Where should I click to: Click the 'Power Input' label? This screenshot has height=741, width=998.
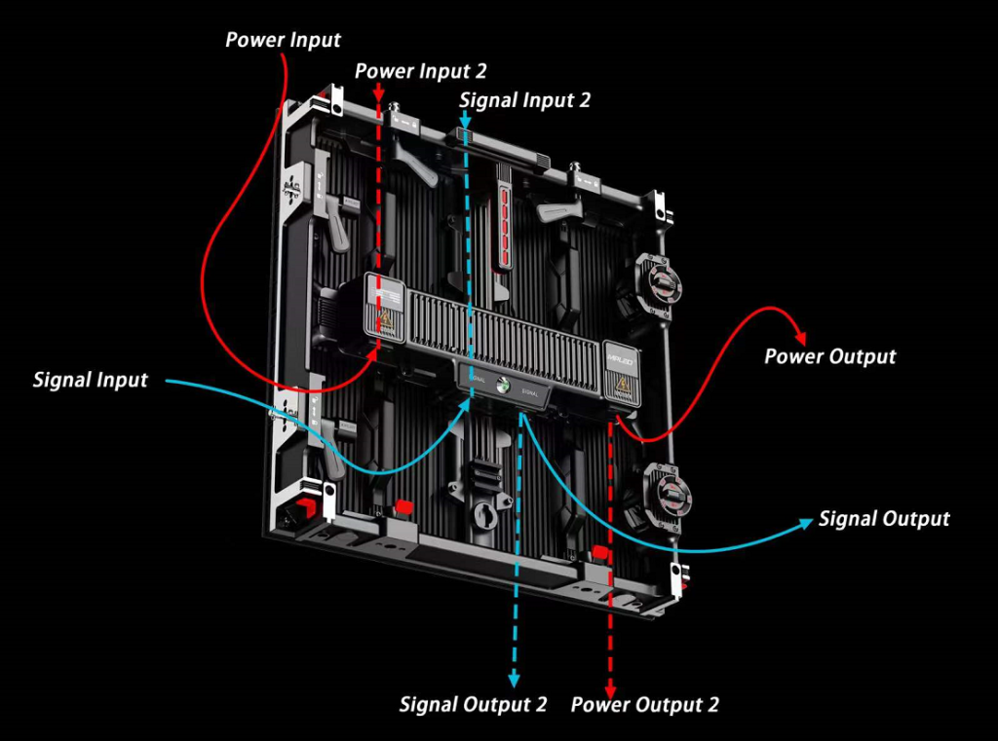(x=283, y=40)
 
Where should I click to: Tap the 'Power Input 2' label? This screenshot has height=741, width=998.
(x=420, y=71)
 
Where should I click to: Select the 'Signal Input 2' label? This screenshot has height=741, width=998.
(x=524, y=99)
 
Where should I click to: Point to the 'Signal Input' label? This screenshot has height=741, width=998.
(x=90, y=379)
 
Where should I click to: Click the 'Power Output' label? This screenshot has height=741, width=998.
(x=829, y=355)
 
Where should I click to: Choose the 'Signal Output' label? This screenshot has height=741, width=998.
(x=883, y=519)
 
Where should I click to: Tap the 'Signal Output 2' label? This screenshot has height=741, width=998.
(x=473, y=704)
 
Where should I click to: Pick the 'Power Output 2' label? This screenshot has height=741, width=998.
(x=644, y=704)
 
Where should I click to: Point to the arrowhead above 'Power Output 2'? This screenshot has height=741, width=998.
(x=609, y=682)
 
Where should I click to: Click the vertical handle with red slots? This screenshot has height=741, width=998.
(x=504, y=213)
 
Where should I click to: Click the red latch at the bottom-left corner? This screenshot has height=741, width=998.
(x=304, y=507)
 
